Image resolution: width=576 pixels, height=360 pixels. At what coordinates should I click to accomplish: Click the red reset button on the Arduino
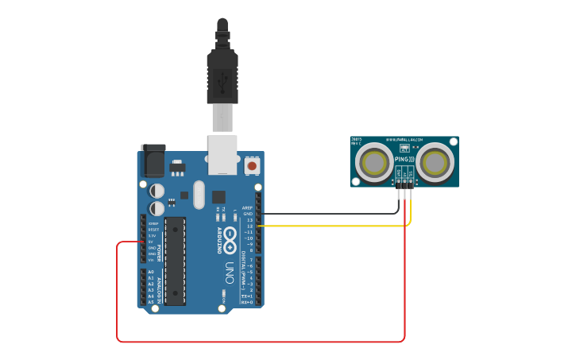(x=253, y=165)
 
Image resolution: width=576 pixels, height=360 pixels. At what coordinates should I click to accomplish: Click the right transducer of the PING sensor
(x=435, y=162)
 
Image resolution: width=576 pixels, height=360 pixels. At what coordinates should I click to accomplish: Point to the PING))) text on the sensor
(x=404, y=159)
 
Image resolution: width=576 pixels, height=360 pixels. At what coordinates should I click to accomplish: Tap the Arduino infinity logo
(x=230, y=237)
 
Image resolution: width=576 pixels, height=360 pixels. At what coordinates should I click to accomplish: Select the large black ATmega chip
(x=175, y=261)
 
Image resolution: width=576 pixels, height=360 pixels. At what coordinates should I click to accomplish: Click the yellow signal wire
(x=334, y=226)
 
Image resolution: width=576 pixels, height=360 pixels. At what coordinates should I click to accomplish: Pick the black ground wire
(x=334, y=214)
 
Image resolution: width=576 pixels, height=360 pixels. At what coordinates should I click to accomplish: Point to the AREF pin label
(x=247, y=207)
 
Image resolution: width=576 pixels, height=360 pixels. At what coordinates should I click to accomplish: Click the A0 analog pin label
(x=151, y=273)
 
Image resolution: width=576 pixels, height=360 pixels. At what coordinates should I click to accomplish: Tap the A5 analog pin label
(x=151, y=302)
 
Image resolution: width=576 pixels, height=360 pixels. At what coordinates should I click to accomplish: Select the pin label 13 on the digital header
(x=249, y=220)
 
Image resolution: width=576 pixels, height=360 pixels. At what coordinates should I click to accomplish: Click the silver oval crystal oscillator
(x=199, y=193)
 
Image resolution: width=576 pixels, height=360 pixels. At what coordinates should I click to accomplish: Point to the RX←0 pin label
(x=248, y=302)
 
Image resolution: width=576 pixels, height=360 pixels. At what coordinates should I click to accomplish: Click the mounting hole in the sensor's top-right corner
(x=454, y=141)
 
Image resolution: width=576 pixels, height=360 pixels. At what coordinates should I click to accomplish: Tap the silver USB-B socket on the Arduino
(x=222, y=153)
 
